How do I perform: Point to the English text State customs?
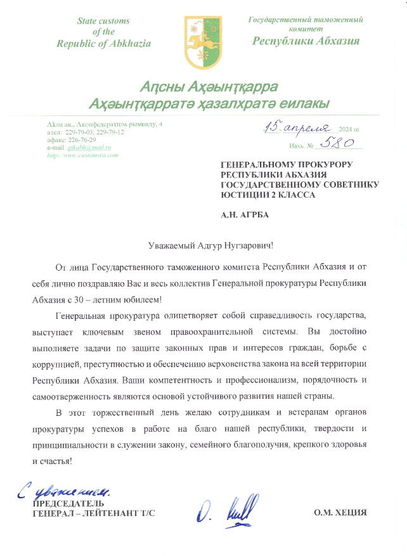103,21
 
